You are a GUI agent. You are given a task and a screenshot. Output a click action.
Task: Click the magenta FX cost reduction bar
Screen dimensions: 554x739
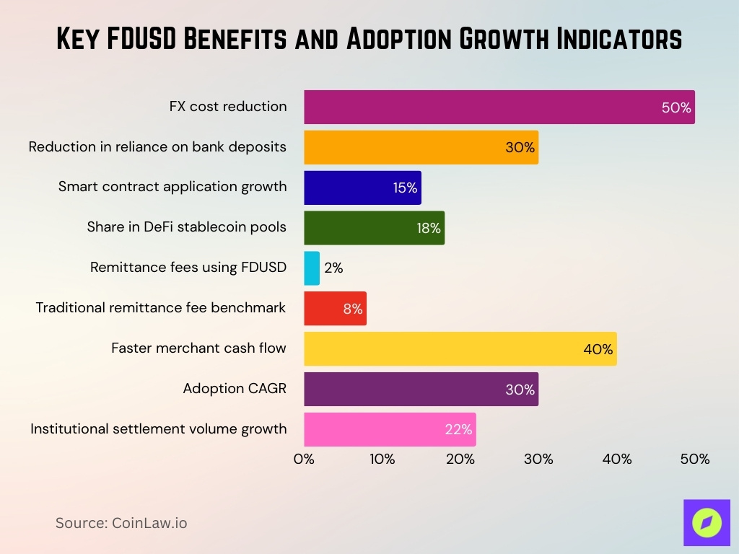(499, 107)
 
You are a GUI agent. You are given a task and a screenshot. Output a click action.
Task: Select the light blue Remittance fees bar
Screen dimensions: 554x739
(312, 268)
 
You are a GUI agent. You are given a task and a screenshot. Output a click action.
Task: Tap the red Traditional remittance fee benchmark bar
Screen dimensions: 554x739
(335, 308)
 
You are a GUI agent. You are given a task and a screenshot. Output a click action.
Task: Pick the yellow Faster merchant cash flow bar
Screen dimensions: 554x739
(460, 348)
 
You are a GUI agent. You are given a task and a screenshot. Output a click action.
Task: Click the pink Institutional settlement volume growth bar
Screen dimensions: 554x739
(390, 429)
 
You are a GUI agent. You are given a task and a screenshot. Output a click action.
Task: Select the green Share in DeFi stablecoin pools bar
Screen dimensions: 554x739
(374, 228)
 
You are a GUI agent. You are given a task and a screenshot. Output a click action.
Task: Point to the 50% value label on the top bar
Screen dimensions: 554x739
(676, 108)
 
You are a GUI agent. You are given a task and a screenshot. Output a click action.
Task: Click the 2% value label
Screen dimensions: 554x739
(333, 268)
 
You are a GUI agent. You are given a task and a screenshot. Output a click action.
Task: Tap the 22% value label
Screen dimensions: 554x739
(458, 430)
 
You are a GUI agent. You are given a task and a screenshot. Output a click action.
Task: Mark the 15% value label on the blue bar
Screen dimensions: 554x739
(405, 188)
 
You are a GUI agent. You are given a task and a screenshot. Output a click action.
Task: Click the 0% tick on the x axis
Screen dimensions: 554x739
(304, 459)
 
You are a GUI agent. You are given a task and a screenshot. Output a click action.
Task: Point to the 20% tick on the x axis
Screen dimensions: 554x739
(460, 459)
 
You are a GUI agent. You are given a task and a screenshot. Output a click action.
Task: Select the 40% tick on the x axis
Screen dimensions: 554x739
(616, 459)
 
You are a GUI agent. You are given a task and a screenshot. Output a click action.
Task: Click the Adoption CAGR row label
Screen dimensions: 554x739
(235, 389)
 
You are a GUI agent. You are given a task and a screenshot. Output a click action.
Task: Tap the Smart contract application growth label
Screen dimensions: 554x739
(172, 187)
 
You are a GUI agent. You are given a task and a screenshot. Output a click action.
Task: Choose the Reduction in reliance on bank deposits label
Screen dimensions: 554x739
(157, 146)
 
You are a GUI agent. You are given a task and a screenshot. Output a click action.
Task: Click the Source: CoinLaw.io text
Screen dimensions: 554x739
(121, 523)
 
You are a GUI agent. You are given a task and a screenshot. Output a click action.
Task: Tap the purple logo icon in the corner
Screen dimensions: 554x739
(707, 522)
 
